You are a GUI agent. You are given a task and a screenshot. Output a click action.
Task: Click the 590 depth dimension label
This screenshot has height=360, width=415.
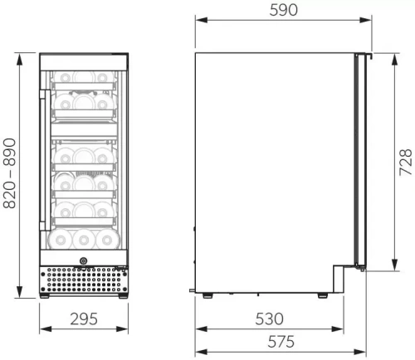pos(283,11)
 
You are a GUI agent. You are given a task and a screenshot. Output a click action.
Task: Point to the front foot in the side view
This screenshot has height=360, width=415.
pos(320,294)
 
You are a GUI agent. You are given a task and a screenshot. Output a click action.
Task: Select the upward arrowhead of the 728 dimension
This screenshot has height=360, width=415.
pos(390,59)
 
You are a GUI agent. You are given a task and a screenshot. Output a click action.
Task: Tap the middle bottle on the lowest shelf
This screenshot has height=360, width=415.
pos(83,240)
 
